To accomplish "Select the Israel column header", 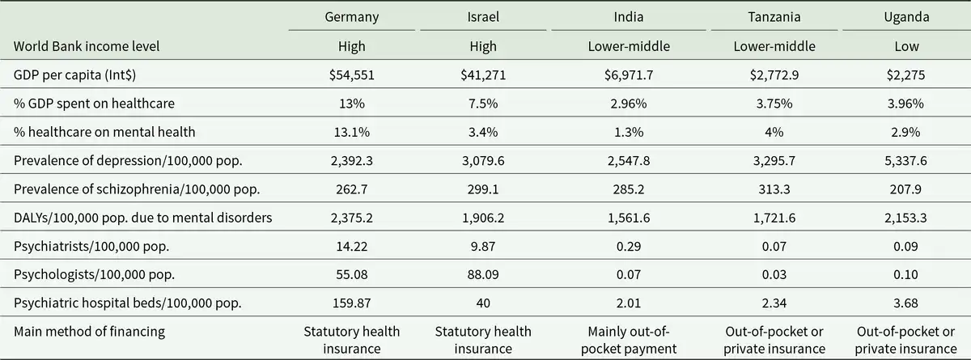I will pos(483,16).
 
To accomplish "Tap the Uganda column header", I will pos(906,16).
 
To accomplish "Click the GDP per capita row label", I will pos(71,74).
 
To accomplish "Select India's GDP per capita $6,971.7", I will pos(615,74).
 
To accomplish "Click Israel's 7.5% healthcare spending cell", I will pos(483,104).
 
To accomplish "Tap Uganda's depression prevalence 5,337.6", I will pos(906,161).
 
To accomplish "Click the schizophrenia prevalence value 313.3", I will pos(774,190).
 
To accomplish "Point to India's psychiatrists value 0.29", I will pos(615,247).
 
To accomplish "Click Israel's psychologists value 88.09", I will pos(483,275).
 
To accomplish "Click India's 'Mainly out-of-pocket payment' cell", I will pos(615,340).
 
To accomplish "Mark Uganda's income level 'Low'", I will pos(906,46).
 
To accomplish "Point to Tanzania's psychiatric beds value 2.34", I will pos(774,303).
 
